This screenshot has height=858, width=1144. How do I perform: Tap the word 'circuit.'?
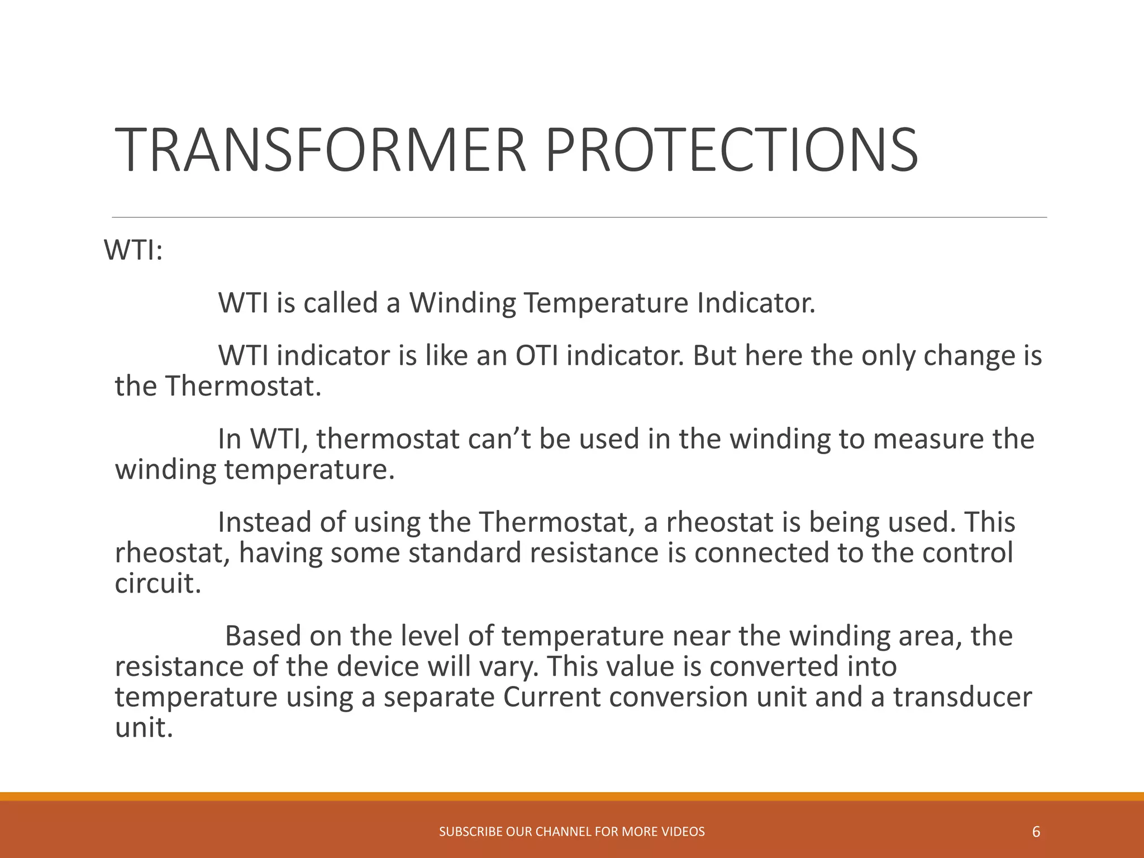pyautogui.click(x=158, y=583)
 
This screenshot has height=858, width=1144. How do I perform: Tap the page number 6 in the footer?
pyautogui.click(x=1036, y=832)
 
